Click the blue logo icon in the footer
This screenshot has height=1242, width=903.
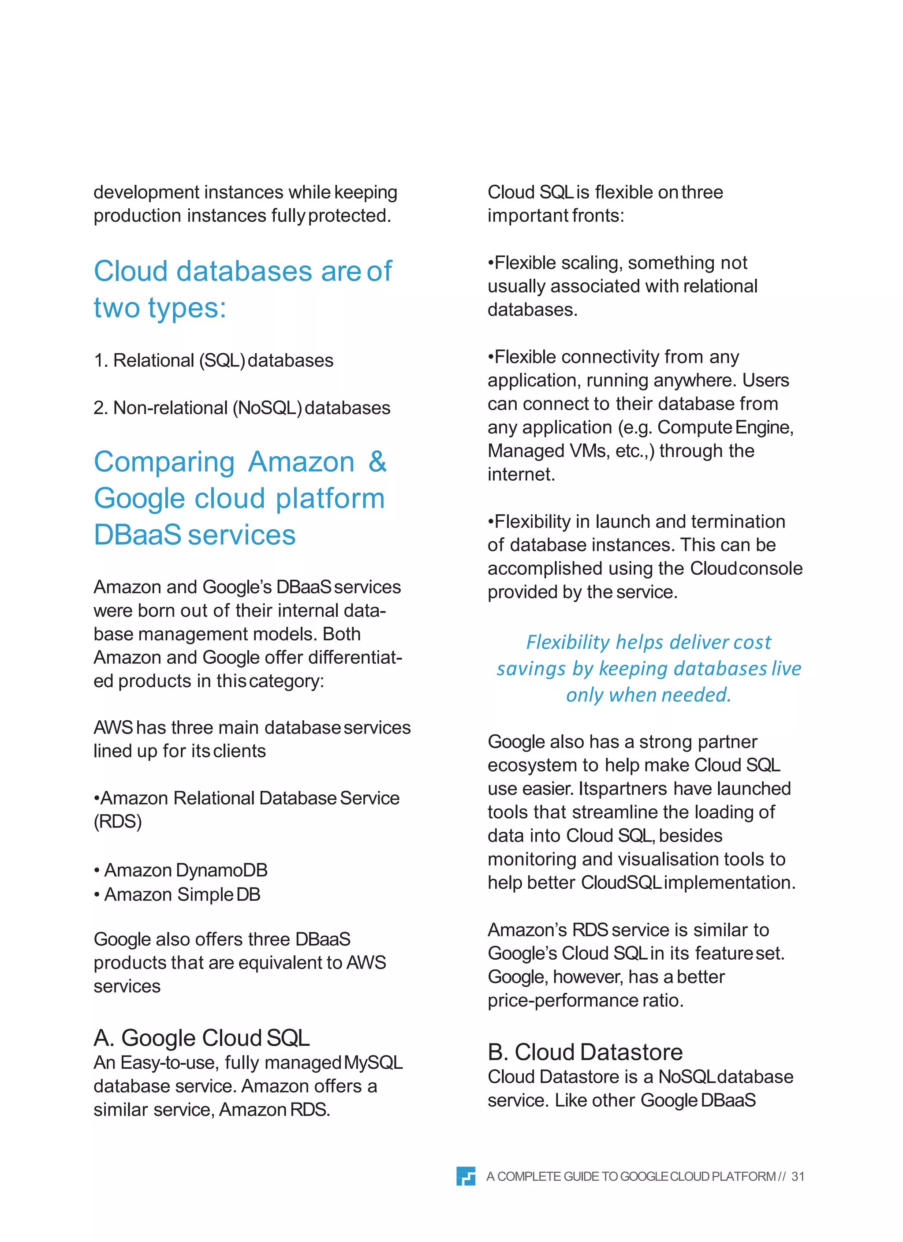click(x=466, y=1176)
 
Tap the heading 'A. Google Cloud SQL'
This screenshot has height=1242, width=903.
click(x=201, y=1038)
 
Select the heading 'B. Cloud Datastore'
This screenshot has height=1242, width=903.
click(x=585, y=1052)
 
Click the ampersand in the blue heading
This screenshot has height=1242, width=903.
click(x=377, y=462)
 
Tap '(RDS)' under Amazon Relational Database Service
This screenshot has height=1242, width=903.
click(x=118, y=821)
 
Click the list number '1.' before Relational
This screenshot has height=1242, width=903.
click(x=101, y=360)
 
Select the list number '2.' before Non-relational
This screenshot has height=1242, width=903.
click(x=101, y=408)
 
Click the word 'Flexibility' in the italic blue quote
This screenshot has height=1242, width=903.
click(x=567, y=642)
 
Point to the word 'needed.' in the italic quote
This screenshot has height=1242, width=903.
click(x=697, y=695)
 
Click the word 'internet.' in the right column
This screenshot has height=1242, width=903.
click(x=521, y=474)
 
